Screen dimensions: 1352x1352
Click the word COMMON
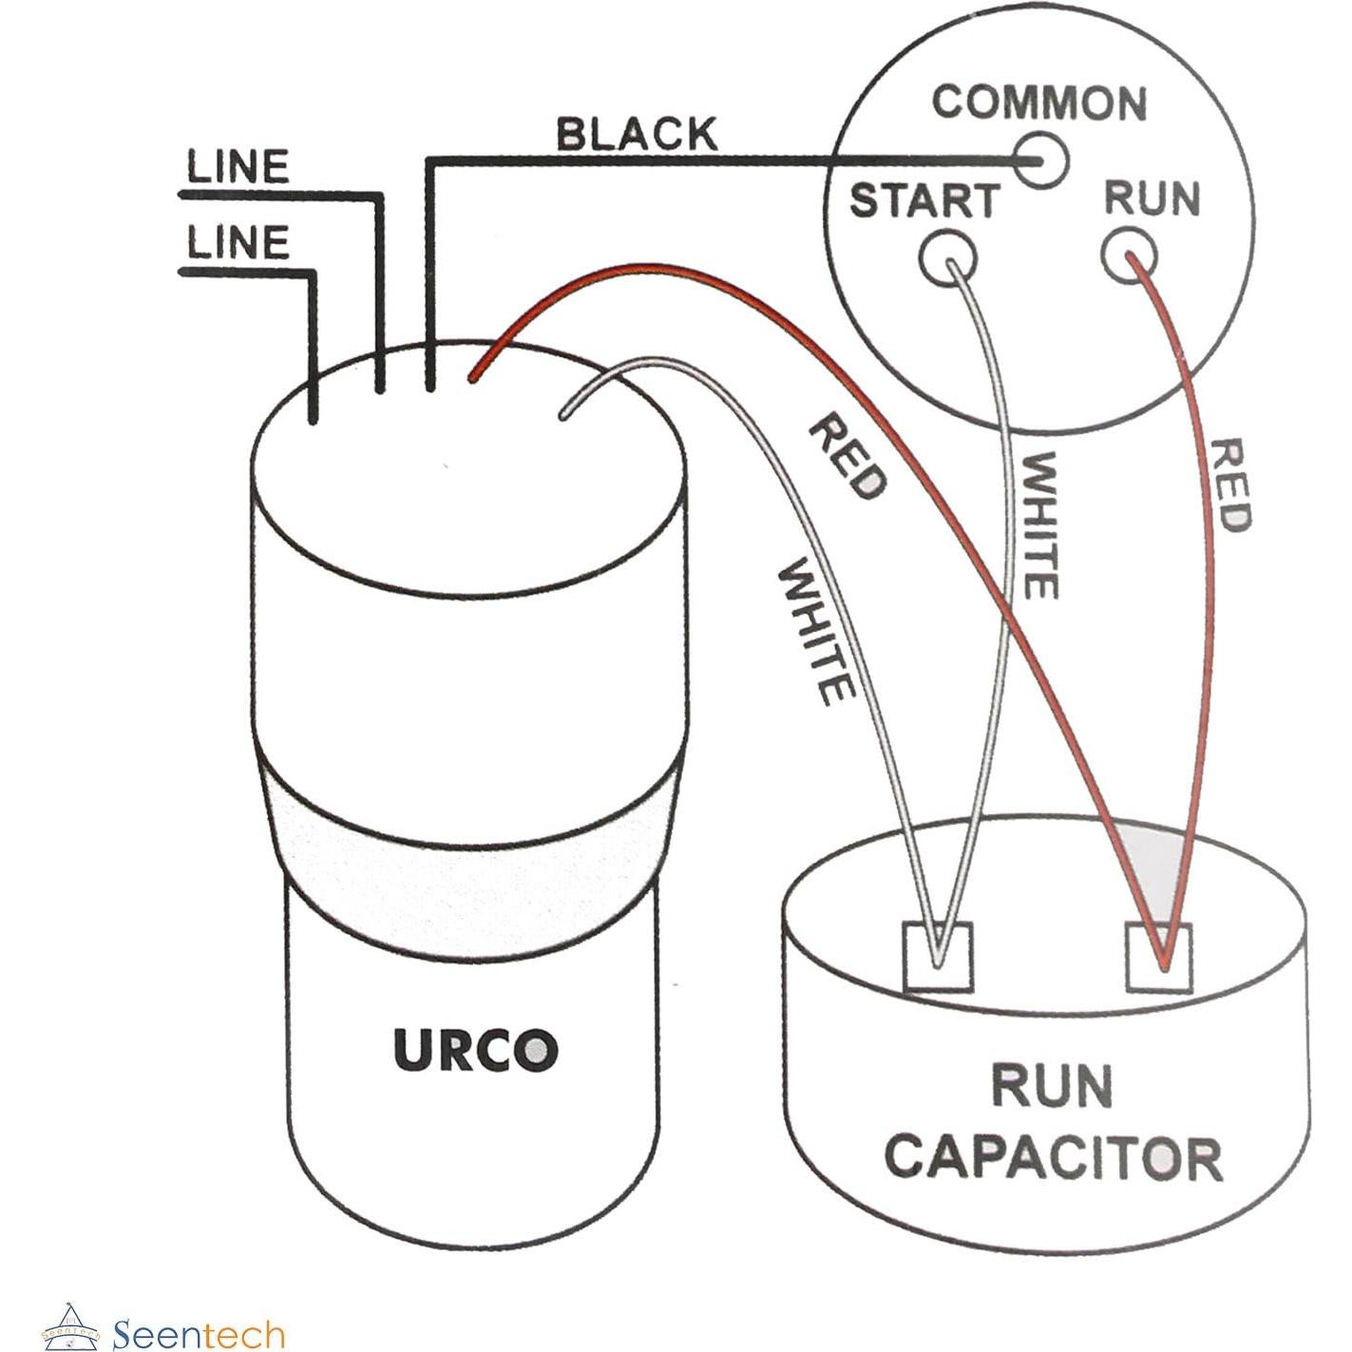1039,103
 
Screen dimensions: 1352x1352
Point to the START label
924,200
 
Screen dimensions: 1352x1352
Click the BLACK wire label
637,135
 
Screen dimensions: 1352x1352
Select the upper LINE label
238,168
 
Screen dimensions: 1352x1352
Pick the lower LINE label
238,243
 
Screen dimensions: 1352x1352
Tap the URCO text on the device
475,1050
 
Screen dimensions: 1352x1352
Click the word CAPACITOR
1053,1157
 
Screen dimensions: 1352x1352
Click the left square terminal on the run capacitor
938,957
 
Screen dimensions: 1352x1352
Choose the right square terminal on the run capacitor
1159,957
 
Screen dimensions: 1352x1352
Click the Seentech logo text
199,1334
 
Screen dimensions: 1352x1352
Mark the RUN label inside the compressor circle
1152,199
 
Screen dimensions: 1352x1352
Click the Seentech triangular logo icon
71,1326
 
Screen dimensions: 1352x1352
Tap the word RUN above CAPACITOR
1051,1086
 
